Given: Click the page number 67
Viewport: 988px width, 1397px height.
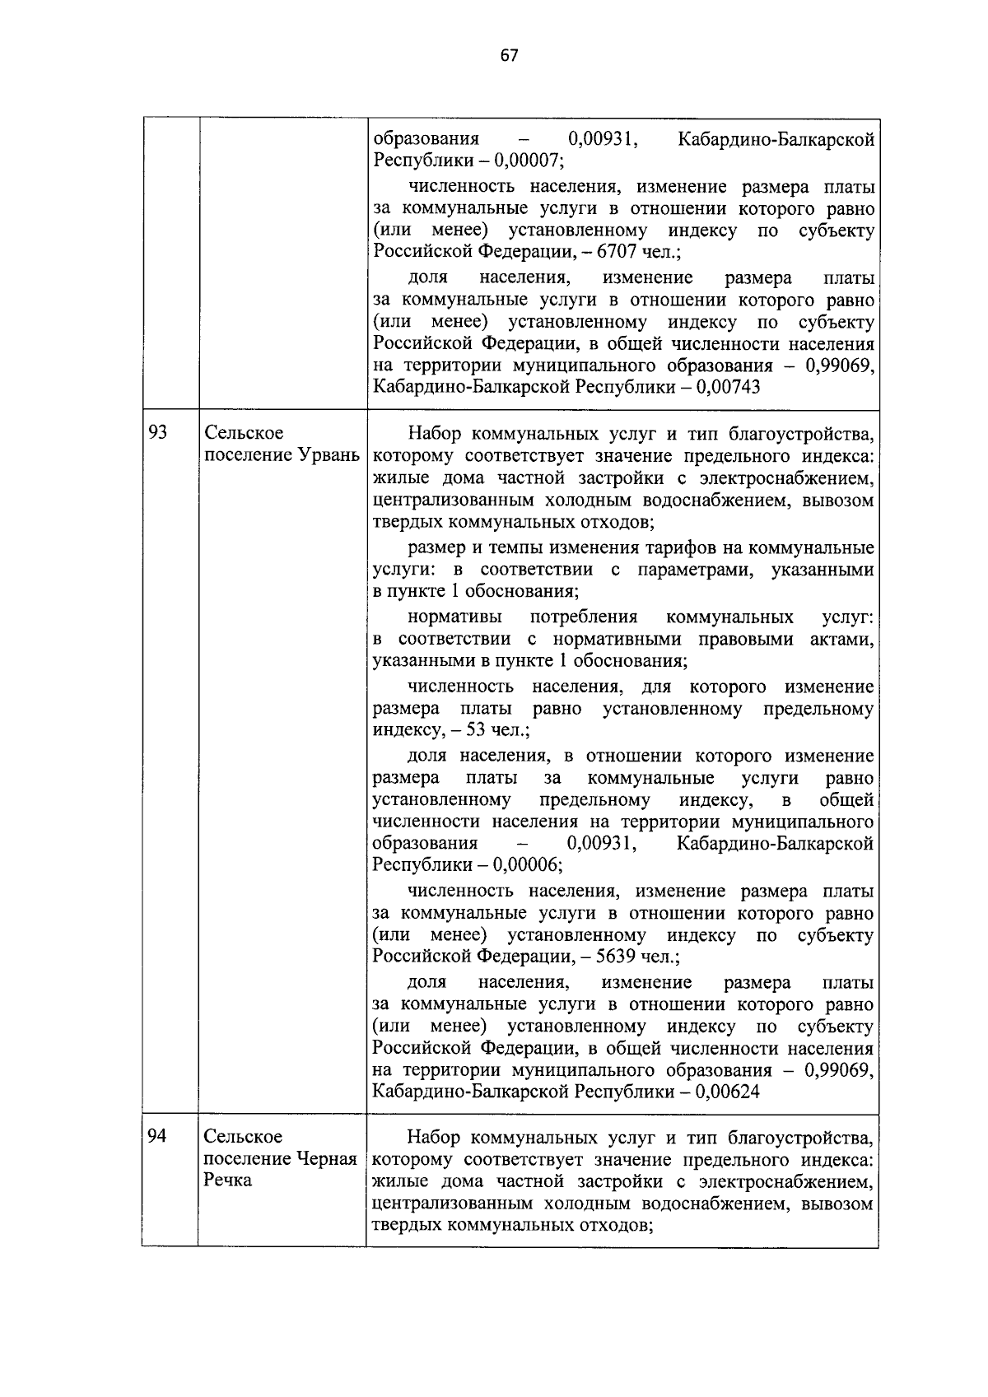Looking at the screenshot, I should tap(509, 55).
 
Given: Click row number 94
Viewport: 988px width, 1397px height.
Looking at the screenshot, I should tap(157, 1136).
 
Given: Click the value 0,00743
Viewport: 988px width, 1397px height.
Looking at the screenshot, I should tap(728, 387).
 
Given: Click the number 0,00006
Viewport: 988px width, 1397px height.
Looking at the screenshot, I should tap(527, 865).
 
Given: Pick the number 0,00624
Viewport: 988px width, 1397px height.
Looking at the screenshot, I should tap(728, 1092).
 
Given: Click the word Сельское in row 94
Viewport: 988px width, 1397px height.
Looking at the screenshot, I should tap(244, 1136).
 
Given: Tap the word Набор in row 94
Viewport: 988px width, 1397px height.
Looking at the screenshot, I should tap(434, 1138).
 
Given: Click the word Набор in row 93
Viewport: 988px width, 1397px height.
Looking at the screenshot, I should tap(434, 434).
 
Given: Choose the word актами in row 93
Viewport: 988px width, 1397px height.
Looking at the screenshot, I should tap(845, 639).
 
